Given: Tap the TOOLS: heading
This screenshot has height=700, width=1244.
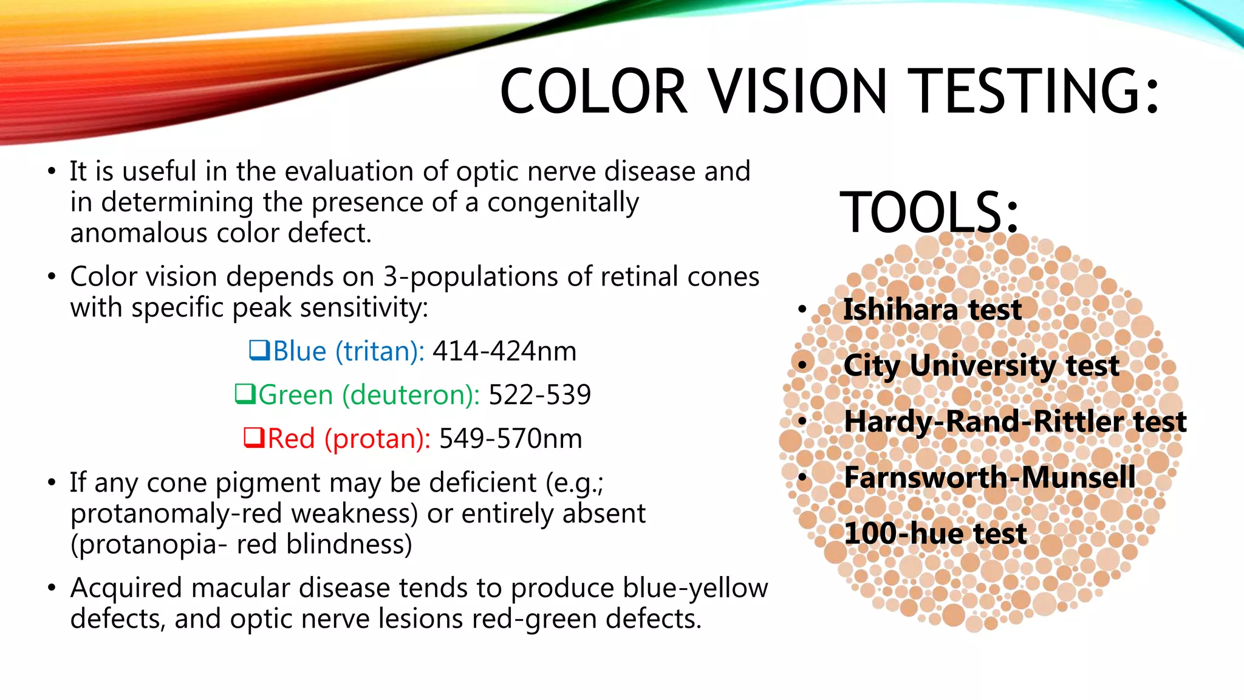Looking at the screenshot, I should click(x=929, y=212).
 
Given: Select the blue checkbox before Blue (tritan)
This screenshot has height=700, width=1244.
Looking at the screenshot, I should click(x=259, y=350).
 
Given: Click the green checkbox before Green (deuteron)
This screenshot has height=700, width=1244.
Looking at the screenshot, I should click(x=245, y=394).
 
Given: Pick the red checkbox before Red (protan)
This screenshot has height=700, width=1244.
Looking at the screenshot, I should click(x=254, y=437).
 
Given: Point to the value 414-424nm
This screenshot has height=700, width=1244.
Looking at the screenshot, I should click(x=504, y=351).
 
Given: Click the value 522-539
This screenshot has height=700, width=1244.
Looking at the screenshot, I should click(x=539, y=395).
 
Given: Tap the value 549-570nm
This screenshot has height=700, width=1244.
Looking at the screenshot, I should click(x=510, y=439).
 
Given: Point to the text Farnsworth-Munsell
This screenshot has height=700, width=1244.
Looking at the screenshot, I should click(x=989, y=477).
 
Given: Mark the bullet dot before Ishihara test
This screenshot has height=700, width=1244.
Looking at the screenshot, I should click(x=802, y=310).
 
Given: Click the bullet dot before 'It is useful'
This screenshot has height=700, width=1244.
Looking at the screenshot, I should click(x=52, y=172).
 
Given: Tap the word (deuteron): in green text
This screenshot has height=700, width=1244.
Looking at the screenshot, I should click(x=411, y=395).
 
